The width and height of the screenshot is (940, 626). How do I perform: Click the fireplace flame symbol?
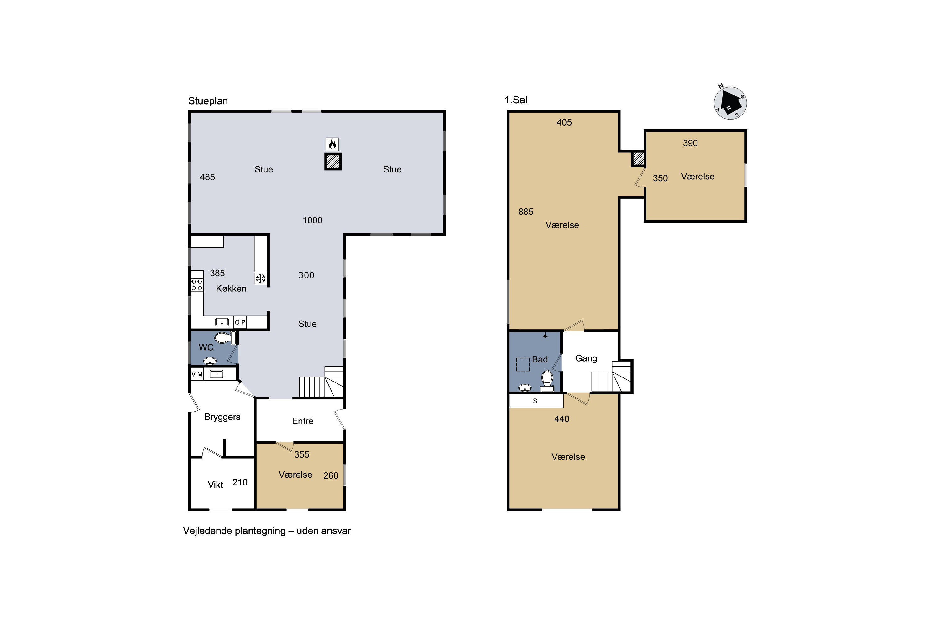(x=332, y=144)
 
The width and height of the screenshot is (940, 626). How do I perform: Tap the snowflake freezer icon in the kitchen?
(x=261, y=278)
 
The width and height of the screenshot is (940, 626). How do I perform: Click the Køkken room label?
(x=231, y=289)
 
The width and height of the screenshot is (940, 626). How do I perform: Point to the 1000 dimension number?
(x=312, y=220)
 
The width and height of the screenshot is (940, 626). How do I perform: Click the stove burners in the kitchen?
(x=197, y=285)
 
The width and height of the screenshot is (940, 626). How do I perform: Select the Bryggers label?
(x=222, y=417)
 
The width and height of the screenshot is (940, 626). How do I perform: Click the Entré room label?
(x=303, y=421)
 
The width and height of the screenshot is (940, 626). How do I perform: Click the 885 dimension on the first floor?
(x=525, y=212)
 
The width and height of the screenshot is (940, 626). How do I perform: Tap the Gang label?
(x=586, y=358)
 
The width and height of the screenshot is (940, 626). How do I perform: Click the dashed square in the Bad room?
(x=523, y=365)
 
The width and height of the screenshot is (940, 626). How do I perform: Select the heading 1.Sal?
(x=516, y=100)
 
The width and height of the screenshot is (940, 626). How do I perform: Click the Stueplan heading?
(x=208, y=101)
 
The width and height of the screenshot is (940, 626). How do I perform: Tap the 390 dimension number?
(x=690, y=143)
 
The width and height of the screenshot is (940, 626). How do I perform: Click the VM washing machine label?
(x=197, y=374)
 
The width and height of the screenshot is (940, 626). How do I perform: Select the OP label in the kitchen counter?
(x=240, y=322)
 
